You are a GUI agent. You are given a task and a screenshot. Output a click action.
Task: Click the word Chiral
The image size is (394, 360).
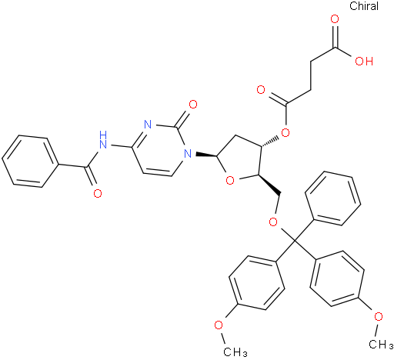click(364, 6)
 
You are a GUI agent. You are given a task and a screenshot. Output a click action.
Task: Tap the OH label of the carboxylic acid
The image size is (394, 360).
click(364, 62)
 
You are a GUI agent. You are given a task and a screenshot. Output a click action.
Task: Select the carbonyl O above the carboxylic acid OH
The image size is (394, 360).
click(335, 19)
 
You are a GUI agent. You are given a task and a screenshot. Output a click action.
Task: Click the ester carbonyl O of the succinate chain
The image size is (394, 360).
click(261, 90)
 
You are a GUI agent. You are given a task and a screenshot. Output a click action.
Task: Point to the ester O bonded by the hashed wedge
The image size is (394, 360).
click(285, 133)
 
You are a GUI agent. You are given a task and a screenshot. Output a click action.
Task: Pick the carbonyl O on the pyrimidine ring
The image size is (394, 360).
click(193, 105)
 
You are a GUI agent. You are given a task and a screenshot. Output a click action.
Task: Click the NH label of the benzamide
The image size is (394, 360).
click(103, 139)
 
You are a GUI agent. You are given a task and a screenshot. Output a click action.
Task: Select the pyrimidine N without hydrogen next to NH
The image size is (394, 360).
click(148, 125)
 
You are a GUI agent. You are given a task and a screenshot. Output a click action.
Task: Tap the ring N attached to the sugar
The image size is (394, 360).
click(188, 154)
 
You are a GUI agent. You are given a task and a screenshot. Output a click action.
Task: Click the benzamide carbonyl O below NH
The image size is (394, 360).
click(98, 193)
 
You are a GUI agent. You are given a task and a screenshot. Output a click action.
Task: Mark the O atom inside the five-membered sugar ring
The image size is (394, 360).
click(230, 180)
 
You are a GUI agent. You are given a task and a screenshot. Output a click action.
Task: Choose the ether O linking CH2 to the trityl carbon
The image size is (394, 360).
click(273, 222)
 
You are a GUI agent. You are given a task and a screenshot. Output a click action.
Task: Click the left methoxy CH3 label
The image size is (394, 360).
click(235, 352)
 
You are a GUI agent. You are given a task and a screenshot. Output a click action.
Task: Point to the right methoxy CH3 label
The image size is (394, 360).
click(381, 344)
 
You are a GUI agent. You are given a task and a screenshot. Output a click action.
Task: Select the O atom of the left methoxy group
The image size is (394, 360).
click(219, 325)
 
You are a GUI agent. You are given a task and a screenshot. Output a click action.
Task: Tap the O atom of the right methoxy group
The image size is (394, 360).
click(379, 316)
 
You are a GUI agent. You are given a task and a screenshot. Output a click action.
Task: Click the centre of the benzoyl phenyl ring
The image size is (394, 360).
click(30, 161)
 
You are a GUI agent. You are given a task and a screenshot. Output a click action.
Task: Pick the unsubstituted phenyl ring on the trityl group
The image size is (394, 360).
click(333, 198)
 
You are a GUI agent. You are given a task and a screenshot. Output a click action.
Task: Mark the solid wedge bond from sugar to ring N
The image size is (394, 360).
click(207, 155)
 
